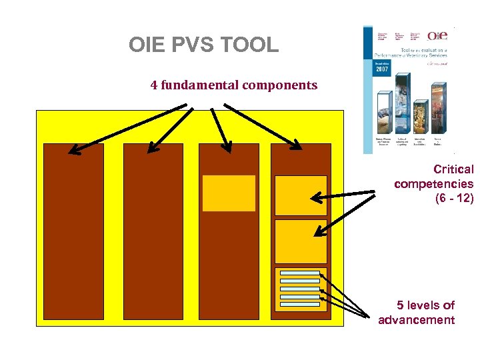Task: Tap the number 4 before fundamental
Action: pos(154,85)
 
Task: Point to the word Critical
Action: pos(453,169)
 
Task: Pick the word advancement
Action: pos(416,320)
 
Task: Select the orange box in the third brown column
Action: pos(229,193)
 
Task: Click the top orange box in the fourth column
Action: pos(301,195)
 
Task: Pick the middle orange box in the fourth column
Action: pos(301,241)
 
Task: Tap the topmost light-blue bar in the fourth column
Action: pos(300,273)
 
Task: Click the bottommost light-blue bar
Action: pos(300,305)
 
